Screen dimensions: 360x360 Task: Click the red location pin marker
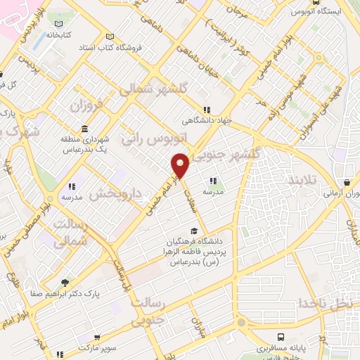click(x=181, y=166)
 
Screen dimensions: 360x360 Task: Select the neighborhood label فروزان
click(x=86, y=105)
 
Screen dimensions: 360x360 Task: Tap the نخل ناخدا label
click(x=324, y=303)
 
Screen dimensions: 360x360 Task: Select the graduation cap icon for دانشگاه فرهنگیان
click(x=193, y=231)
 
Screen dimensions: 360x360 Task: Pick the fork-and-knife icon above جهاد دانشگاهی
click(x=206, y=110)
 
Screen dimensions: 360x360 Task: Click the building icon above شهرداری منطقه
click(x=84, y=129)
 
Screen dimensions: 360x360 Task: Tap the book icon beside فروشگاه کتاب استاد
click(x=108, y=37)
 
